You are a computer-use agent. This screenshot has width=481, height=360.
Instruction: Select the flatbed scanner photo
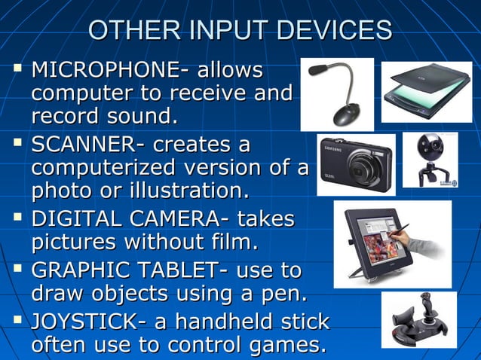pos(425,93)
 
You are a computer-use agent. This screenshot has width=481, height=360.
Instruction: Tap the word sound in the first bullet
pos(135,117)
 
